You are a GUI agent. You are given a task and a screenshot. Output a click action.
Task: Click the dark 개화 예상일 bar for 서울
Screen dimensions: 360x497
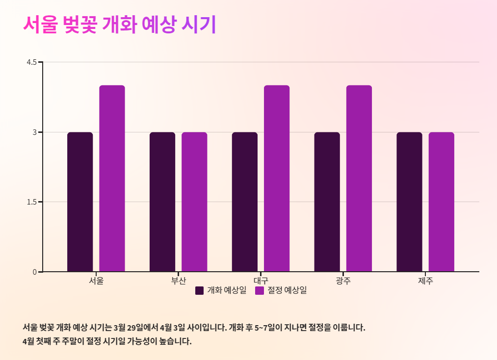pyautogui.click(x=80, y=202)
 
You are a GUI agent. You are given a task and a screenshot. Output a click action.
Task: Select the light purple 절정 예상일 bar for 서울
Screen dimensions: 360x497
pyautogui.click(x=112, y=179)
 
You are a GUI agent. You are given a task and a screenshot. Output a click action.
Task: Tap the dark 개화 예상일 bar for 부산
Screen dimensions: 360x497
pyautogui.click(x=162, y=202)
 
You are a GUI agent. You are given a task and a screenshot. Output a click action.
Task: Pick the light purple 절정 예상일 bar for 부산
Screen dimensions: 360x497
pyautogui.click(x=194, y=202)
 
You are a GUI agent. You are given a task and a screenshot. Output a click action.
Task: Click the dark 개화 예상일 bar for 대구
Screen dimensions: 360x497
pyautogui.click(x=245, y=202)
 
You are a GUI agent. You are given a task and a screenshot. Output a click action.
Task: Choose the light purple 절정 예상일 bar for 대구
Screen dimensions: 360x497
pyautogui.click(x=277, y=179)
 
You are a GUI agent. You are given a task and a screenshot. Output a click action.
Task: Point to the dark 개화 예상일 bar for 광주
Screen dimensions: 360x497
pyautogui.click(x=327, y=202)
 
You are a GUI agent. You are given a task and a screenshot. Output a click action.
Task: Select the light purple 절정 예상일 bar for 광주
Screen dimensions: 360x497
pyautogui.click(x=359, y=179)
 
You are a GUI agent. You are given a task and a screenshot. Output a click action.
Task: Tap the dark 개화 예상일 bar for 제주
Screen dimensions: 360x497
pyautogui.click(x=409, y=202)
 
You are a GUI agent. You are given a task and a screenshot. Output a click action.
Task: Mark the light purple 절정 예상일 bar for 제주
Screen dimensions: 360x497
pyautogui.click(x=441, y=202)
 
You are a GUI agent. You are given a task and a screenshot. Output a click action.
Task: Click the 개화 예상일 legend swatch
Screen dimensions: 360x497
pyautogui.click(x=200, y=290)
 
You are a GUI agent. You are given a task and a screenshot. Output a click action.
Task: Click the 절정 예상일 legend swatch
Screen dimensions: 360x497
pyautogui.click(x=260, y=290)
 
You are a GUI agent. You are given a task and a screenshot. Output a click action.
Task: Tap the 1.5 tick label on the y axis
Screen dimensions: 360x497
pyautogui.click(x=32, y=202)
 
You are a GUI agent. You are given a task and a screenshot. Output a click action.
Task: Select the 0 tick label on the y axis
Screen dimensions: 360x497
pyautogui.click(x=35, y=272)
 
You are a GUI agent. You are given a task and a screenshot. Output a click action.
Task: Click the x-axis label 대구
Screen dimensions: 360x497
pyautogui.click(x=261, y=282)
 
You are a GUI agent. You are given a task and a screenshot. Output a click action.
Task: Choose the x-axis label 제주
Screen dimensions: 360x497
pyautogui.click(x=425, y=282)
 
